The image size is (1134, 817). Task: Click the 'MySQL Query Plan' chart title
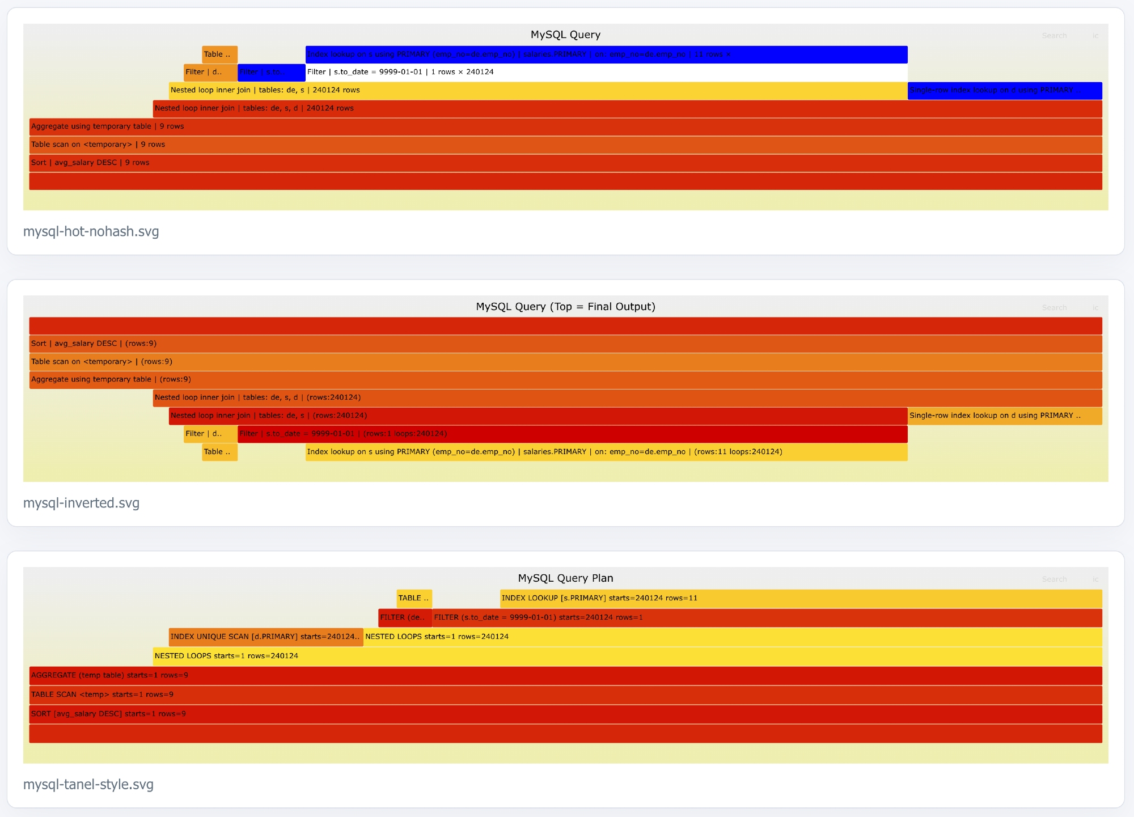click(x=565, y=578)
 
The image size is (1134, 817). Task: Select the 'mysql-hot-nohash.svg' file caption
click(x=91, y=231)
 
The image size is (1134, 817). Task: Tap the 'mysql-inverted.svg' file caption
click(x=81, y=503)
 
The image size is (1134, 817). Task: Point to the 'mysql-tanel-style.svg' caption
click(x=88, y=784)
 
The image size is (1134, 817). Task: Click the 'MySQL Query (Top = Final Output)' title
click(x=565, y=306)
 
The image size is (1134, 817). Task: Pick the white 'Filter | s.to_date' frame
click(x=606, y=72)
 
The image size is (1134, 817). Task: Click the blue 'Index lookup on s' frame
click(x=606, y=54)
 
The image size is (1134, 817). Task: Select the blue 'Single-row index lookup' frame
click(x=1004, y=90)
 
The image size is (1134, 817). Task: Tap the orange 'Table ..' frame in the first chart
click(x=219, y=54)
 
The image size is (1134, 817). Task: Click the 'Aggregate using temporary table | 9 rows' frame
click(x=565, y=126)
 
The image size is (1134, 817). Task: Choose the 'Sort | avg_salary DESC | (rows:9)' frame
click(x=565, y=344)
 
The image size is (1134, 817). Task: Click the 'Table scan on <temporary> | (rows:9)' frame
click(x=565, y=362)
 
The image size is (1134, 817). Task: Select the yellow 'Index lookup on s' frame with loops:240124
click(x=606, y=452)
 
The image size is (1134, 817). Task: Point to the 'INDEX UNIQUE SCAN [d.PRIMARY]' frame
click(x=265, y=637)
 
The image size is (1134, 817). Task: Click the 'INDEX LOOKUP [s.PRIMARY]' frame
click(x=801, y=598)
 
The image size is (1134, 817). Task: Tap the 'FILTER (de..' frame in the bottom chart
click(x=404, y=617)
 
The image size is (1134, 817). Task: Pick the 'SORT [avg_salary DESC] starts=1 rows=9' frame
click(x=565, y=714)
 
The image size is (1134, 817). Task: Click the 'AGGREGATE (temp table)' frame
click(x=565, y=675)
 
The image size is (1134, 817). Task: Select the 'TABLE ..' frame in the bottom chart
click(x=414, y=598)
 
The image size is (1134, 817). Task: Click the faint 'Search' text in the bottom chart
click(x=1054, y=579)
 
